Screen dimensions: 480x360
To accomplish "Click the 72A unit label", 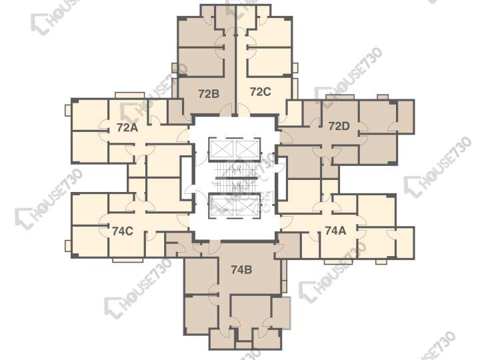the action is [x=127, y=127].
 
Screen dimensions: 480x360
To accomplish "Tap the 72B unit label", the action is [x=209, y=94].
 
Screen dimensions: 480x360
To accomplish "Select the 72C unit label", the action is [x=260, y=91].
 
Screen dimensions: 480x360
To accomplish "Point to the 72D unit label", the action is [x=339, y=126].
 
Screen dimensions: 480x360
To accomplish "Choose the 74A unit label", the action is [x=335, y=230].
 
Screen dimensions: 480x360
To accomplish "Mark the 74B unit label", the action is [x=241, y=270].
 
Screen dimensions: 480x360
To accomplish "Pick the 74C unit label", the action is [x=123, y=231].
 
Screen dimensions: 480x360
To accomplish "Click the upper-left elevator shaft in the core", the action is [x=221, y=149].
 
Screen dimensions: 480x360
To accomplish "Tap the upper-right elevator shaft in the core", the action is [x=247, y=149].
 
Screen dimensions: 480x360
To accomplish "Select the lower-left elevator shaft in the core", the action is [x=221, y=206].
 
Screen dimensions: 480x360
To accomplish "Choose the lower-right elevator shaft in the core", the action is [x=247, y=206].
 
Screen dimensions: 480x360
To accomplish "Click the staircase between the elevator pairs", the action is [x=234, y=177].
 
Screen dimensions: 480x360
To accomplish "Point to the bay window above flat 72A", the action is [x=129, y=95].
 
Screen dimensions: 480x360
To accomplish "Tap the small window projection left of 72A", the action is [x=68, y=110].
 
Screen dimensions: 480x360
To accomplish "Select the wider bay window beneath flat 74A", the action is [x=338, y=262].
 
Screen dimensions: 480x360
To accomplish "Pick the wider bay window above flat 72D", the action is [x=340, y=97].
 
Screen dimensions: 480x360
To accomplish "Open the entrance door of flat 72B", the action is [x=227, y=110].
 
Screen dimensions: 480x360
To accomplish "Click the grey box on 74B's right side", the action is [x=285, y=313].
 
